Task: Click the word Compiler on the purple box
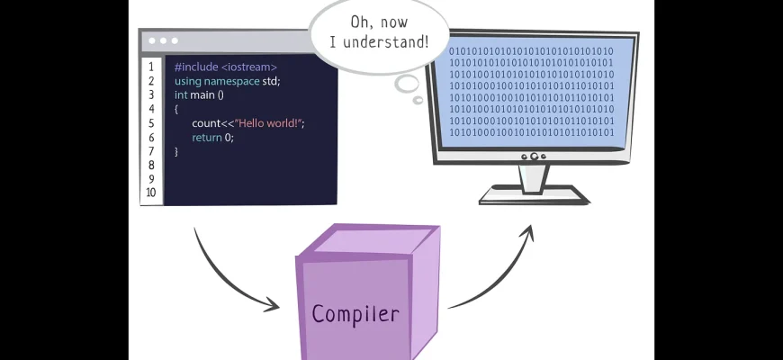(x=355, y=314)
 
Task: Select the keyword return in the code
(x=206, y=138)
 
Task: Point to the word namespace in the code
(x=231, y=81)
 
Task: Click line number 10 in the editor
(x=150, y=193)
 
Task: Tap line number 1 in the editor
(x=151, y=67)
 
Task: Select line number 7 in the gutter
(x=151, y=151)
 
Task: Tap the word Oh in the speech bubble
(x=359, y=20)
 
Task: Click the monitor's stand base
(x=534, y=194)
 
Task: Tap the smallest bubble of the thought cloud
(x=418, y=99)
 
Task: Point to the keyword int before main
(x=181, y=95)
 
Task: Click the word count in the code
(x=206, y=123)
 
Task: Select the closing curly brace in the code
(x=176, y=151)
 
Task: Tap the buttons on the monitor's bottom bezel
(x=534, y=157)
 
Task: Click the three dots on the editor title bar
(x=163, y=40)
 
